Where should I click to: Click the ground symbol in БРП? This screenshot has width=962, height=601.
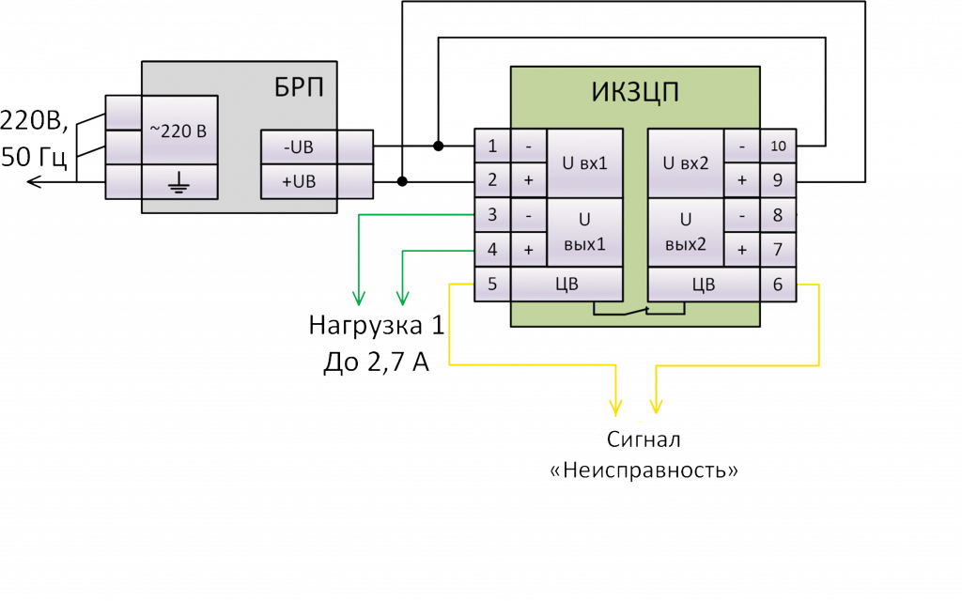[x=178, y=181]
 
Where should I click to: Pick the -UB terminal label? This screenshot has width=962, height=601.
[x=298, y=146]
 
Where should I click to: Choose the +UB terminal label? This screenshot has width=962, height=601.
[x=298, y=181]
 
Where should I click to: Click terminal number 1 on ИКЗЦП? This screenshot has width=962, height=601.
[x=492, y=146]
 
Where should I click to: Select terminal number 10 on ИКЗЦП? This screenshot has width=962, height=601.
[x=779, y=146]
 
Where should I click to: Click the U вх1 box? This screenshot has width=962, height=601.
[x=584, y=163]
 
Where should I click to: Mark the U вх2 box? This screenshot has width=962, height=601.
[x=686, y=163]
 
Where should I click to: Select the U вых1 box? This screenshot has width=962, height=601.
[x=584, y=233]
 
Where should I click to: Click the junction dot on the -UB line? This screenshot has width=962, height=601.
[x=439, y=146]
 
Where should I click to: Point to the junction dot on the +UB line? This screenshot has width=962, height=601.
[x=403, y=181]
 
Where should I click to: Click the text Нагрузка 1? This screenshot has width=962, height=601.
[x=375, y=327]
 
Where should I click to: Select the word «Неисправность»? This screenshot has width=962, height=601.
[x=644, y=470]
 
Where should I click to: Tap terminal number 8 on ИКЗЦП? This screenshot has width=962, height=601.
[x=779, y=215]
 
